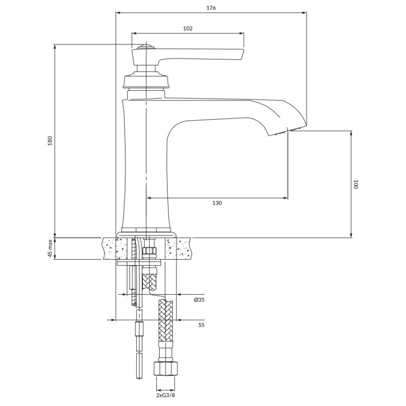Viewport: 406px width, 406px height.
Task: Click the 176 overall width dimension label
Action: point(211,8)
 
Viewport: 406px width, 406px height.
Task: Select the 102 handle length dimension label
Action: point(188,28)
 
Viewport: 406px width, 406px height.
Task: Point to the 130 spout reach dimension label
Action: point(217,203)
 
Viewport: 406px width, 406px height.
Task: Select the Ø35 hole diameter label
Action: point(199,300)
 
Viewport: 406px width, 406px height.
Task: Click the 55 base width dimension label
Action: point(201,325)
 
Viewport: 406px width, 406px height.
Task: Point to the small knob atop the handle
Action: point(146,47)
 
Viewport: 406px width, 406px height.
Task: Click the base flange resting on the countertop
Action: point(146,235)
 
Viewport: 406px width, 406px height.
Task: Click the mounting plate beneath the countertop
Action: point(139,263)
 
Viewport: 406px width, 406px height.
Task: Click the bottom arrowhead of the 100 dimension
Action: point(351,235)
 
